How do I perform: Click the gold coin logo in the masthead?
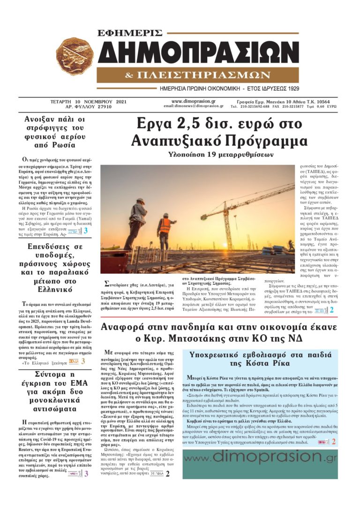75,56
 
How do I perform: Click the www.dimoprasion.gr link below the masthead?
194,101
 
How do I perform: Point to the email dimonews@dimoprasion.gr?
194,106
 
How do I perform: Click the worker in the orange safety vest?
165,230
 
